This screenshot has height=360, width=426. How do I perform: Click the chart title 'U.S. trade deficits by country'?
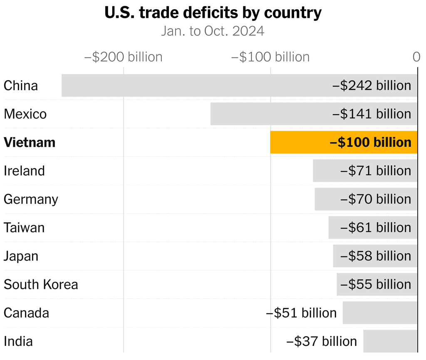click(213, 13)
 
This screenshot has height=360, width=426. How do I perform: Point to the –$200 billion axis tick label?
click(123, 57)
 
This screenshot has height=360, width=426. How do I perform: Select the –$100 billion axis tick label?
click(270, 57)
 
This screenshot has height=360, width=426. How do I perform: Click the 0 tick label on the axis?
click(416, 57)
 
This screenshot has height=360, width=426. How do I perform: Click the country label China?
click(21, 86)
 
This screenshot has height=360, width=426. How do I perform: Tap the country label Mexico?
click(25, 114)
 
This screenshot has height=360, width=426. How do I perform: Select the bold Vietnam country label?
click(30, 143)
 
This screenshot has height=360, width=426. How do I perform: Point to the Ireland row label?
click(24, 171)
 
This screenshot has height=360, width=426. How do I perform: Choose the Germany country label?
click(31, 200)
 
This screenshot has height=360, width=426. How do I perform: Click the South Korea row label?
click(41, 285)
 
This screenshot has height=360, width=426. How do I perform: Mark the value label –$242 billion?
click(372, 86)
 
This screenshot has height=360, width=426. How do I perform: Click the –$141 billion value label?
click(372, 114)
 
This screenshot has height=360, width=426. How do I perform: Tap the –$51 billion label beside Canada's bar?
click(301, 313)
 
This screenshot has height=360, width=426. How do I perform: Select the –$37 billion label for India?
click(322, 342)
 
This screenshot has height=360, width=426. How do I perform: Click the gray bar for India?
click(390, 342)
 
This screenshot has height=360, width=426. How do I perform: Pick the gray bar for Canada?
click(380, 313)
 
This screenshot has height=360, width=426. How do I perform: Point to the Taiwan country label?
click(24, 228)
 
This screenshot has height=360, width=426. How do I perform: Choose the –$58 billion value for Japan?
click(376, 256)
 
